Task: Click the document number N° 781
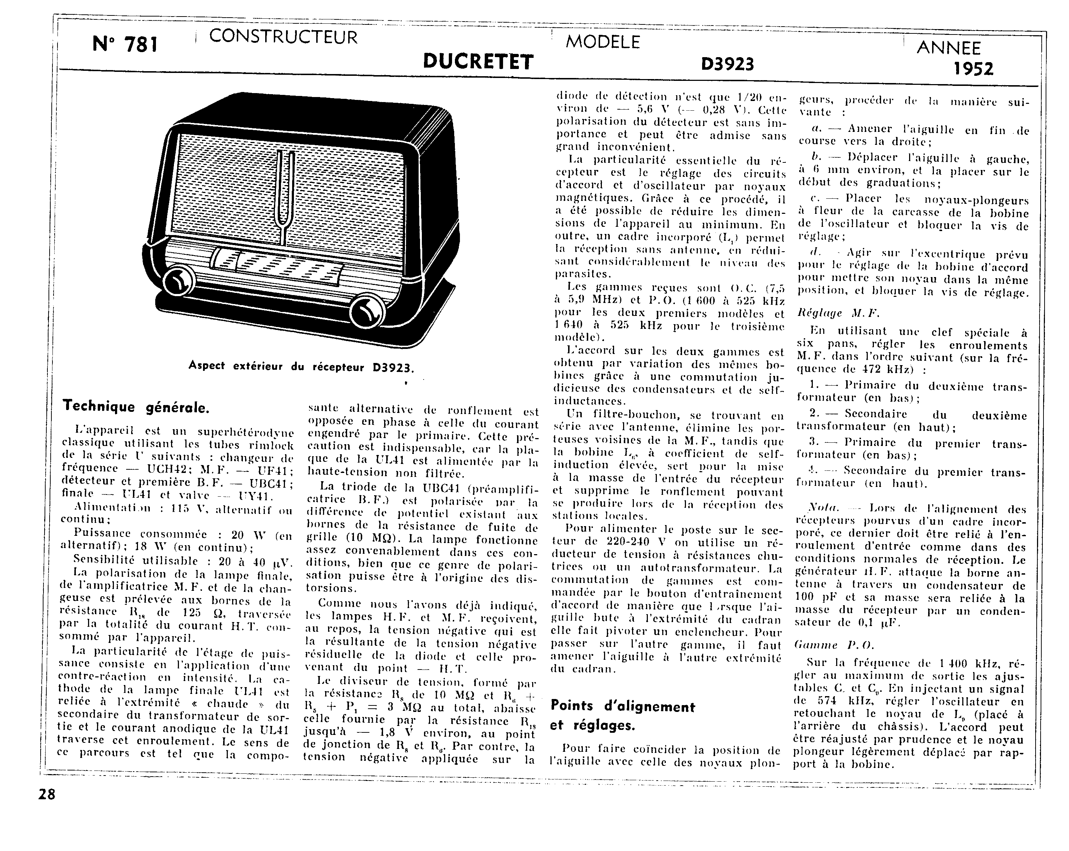[125, 45]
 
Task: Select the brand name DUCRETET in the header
[478, 62]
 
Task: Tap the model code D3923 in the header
[727, 64]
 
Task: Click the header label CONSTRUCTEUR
[283, 37]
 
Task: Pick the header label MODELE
[603, 42]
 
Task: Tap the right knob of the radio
[367, 312]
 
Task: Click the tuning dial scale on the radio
[278, 267]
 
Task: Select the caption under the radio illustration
[301, 367]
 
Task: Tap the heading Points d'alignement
[623, 706]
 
